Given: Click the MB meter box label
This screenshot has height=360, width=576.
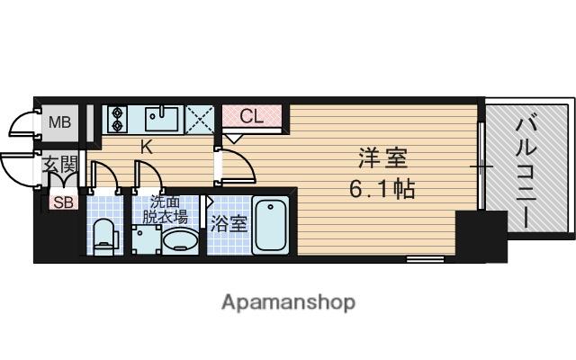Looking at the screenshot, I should (58, 121).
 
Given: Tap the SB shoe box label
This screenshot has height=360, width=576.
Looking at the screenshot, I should (62, 202).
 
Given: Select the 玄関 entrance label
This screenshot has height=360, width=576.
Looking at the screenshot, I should (60, 166).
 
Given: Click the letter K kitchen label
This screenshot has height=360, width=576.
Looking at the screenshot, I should (146, 147).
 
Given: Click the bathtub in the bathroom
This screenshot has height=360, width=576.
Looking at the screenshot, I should (271, 224).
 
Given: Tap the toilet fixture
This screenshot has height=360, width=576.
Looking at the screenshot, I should (105, 236).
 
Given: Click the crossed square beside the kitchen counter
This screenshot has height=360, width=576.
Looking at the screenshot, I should (201, 119).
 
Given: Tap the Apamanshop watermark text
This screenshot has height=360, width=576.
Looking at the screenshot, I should (288, 301).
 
